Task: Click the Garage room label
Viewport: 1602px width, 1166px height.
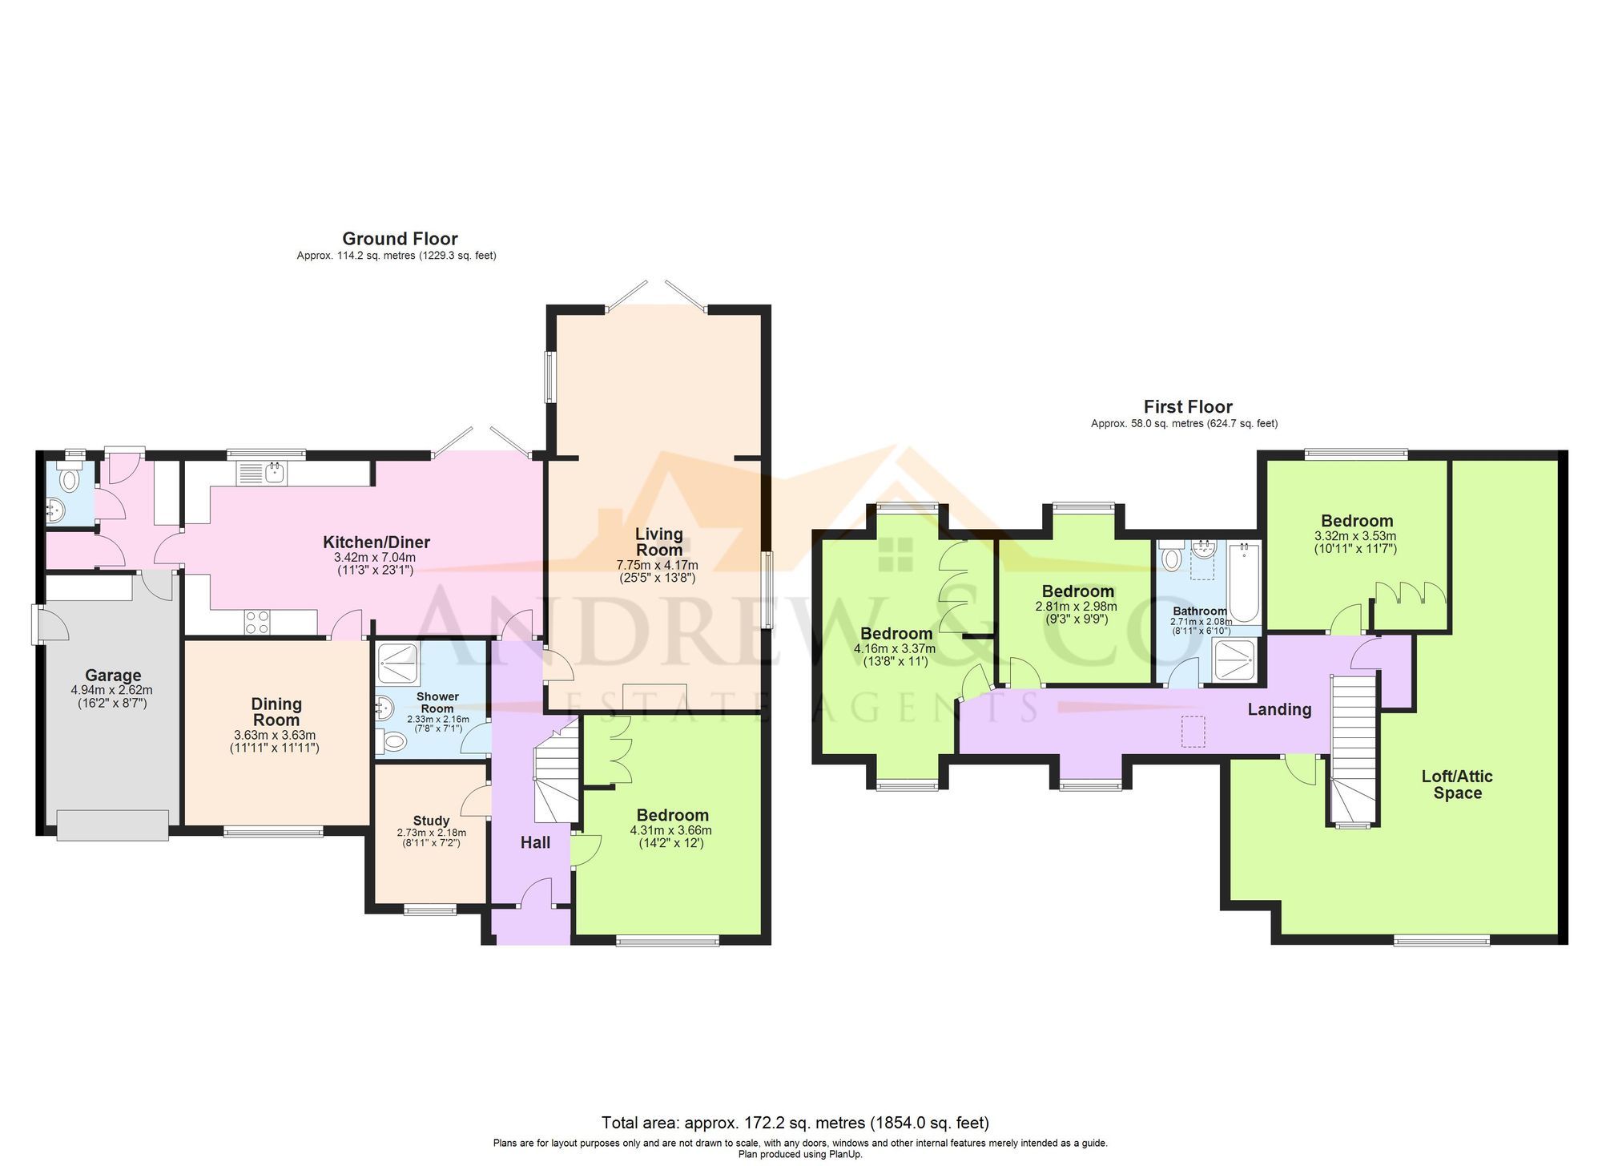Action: [113, 676]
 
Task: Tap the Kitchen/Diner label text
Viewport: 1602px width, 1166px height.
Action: [376, 542]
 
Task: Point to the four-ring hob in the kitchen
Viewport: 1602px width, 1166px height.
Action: [257, 622]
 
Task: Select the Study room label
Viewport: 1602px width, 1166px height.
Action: [431, 821]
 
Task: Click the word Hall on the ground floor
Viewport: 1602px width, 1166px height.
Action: [535, 842]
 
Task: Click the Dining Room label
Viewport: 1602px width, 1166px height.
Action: [276, 712]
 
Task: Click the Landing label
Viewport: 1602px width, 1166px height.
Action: [1279, 709]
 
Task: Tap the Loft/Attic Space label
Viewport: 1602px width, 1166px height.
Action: [1457, 785]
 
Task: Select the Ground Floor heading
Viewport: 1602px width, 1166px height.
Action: [400, 239]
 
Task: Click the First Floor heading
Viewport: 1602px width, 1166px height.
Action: [1187, 407]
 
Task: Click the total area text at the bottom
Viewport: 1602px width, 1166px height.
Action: [795, 1122]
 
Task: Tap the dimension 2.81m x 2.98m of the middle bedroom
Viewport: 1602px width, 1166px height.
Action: [1076, 607]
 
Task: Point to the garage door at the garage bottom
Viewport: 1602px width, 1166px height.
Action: [113, 825]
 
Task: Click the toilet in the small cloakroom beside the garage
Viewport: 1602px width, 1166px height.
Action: [70, 479]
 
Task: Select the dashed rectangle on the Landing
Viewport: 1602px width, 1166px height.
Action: [1193, 731]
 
